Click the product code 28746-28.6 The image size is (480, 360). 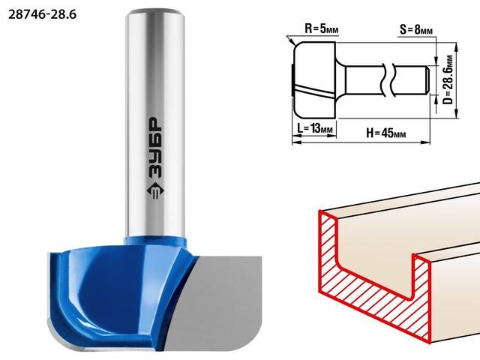click(42, 14)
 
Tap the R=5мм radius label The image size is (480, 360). click(322, 29)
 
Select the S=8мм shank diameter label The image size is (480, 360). click(416, 30)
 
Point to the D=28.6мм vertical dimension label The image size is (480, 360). click(448, 79)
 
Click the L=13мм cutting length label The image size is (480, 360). click(315, 128)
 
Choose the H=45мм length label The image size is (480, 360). click(386, 133)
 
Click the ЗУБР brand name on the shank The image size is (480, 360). click(155, 148)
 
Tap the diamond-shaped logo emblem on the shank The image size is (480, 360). click(155, 191)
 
